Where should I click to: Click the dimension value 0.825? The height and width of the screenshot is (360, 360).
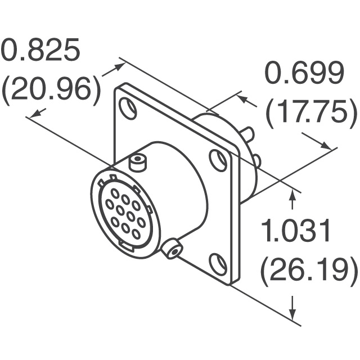pyautogui.click(x=40, y=50)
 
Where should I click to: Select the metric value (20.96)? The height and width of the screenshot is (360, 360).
pyautogui.click(x=51, y=91)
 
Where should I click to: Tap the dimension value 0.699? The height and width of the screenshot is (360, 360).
pyautogui.click(x=305, y=73)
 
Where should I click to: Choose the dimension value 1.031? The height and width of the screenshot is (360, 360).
pyautogui.click(x=295, y=230)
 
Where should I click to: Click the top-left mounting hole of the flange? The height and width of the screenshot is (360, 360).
pyautogui.click(x=128, y=109)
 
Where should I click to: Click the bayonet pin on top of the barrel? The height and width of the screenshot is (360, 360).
pyautogui.click(x=138, y=163)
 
